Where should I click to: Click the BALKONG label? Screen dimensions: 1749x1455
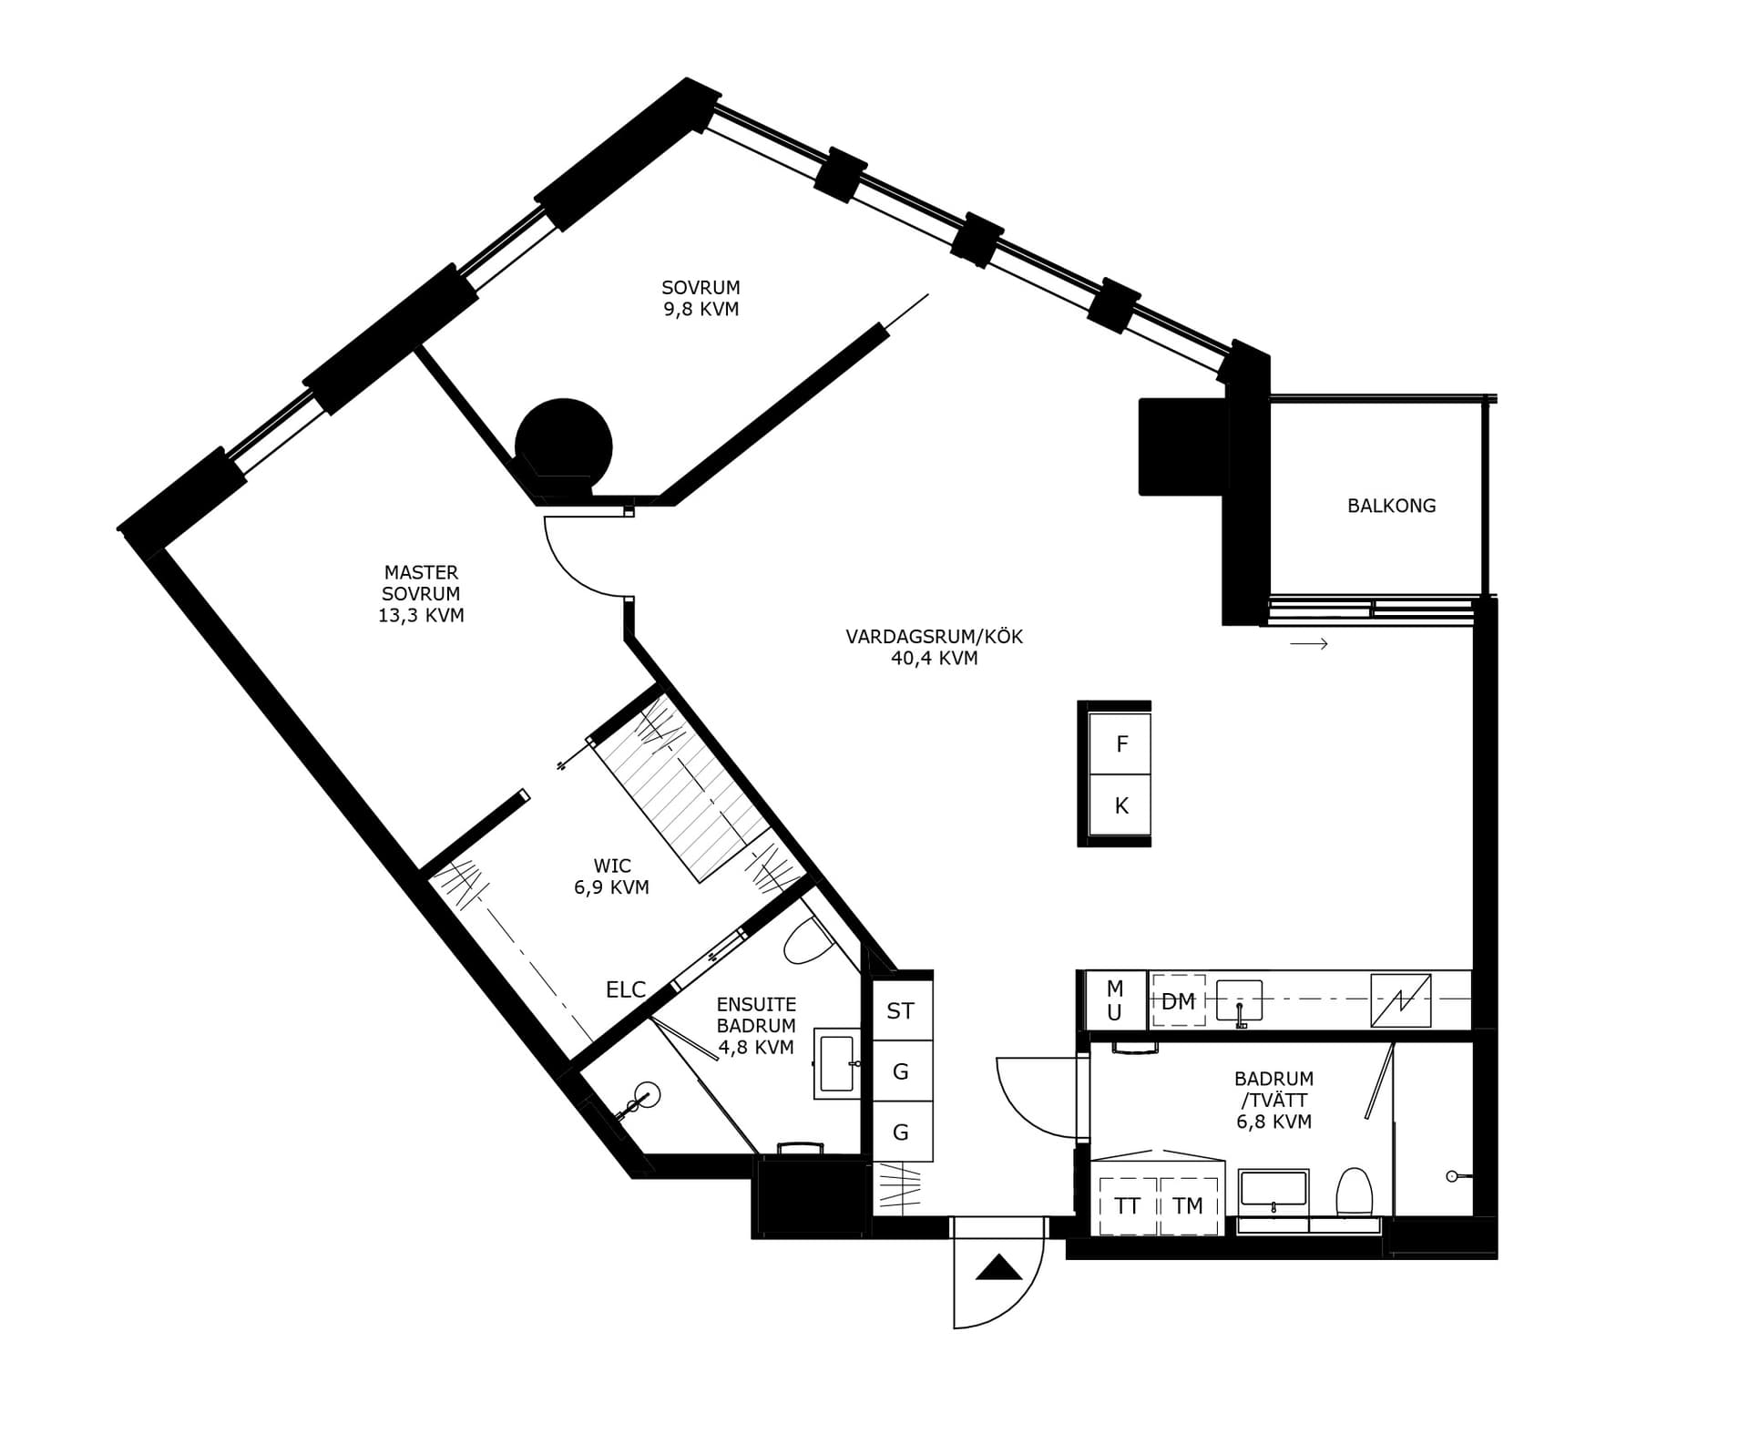coord(1391,506)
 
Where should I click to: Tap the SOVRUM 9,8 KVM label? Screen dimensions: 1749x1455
coord(701,299)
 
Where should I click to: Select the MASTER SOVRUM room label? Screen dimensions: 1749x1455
coord(421,594)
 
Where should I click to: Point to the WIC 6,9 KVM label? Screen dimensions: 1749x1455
coord(611,876)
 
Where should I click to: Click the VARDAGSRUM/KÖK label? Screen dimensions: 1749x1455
coord(934,647)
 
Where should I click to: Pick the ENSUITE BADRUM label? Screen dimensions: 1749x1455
coord(756,1026)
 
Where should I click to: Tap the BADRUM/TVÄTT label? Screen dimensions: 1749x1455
coord(1273,1100)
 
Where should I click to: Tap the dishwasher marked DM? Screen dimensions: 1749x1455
coord(1179,1001)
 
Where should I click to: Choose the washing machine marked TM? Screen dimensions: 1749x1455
coord(1188,1206)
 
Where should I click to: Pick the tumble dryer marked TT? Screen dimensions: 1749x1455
coord(1128,1206)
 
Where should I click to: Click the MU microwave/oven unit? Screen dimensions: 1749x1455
coord(1116,999)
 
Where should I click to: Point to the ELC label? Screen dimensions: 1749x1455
coord(626,989)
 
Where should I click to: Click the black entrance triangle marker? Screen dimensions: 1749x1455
coord(999,1267)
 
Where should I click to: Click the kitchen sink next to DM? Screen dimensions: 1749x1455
coord(1240,1001)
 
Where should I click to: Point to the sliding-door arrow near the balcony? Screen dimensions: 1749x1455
coord(1309,644)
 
